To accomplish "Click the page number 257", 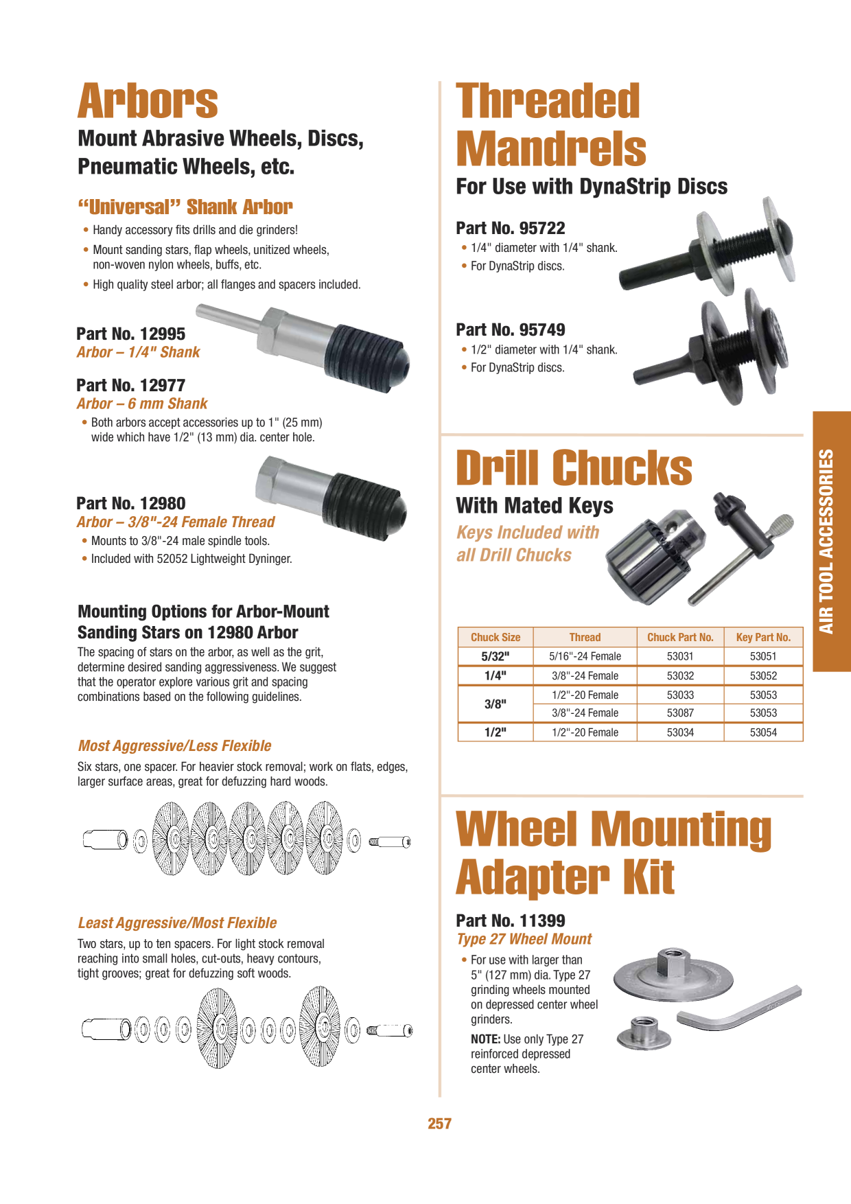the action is [x=439, y=1124].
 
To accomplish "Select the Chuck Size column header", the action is [x=496, y=637].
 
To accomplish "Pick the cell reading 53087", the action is [x=680, y=713].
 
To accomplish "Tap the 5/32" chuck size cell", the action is [x=496, y=656].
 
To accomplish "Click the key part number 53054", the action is [x=763, y=732].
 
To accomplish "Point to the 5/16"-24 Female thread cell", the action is [x=585, y=656].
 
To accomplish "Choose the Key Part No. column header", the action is [x=763, y=637].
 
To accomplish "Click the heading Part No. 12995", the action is [x=131, y=334].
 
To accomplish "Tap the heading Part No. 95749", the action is [x=511, y=329].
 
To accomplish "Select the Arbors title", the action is [x=148, y=102].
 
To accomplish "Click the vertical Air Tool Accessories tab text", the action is [x=827, y=542].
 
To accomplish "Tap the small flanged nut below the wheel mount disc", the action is [x=643, y=1033].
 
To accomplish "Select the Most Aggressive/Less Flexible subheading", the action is [x=174, y=745].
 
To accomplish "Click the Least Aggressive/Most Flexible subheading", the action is [x=177, y=923].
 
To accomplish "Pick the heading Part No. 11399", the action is [x=511, y=921].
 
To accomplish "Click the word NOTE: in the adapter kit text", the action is [x=486, y=1039].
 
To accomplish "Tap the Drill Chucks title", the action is [x=574, y=468].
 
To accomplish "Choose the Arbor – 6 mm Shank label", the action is [x=142, y=404].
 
